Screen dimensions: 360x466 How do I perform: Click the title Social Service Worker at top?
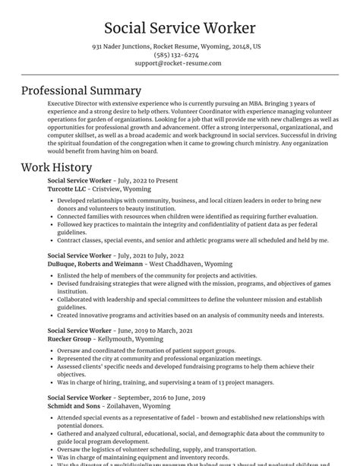pyautogui.click(x=180, y=28)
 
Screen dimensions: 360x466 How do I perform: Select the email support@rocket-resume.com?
pyautogui.click(x=179, y=63)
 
